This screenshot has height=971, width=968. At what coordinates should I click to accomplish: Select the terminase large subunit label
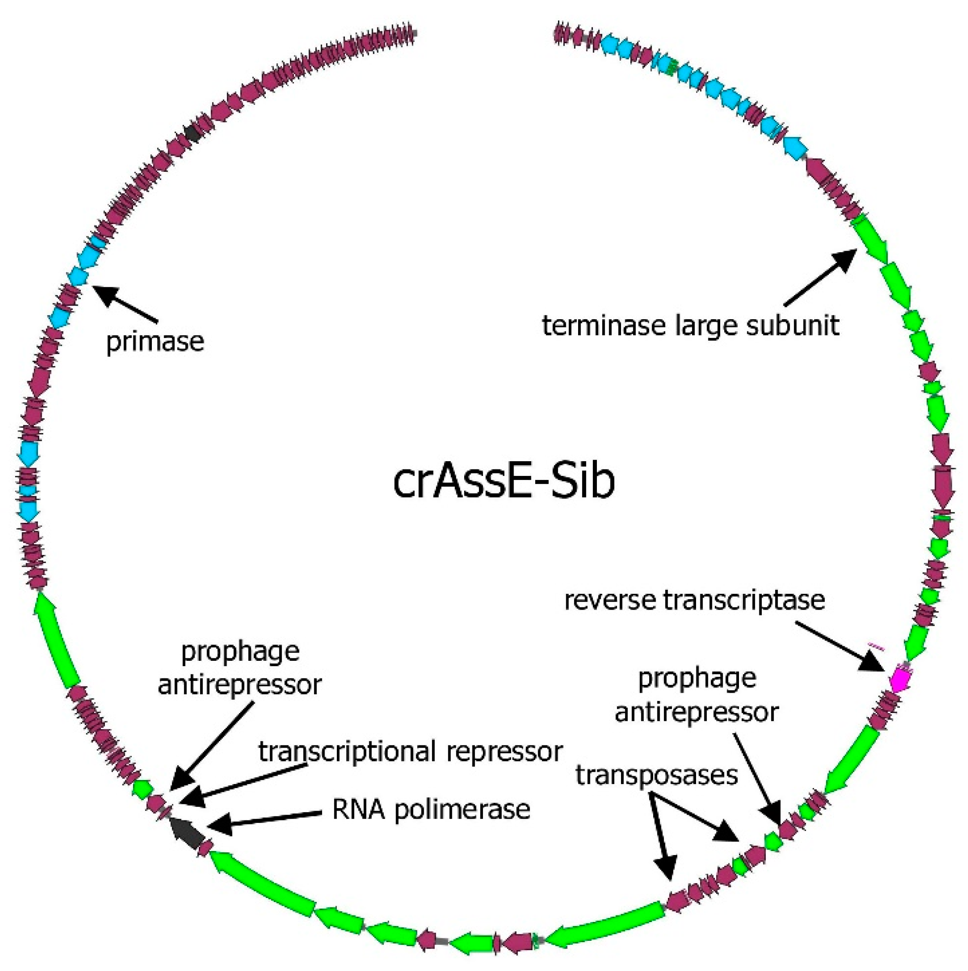690,326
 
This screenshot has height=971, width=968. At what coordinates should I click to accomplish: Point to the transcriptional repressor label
410,752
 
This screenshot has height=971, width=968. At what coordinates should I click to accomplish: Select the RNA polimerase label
431,810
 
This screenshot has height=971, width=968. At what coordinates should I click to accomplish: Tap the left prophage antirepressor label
240,669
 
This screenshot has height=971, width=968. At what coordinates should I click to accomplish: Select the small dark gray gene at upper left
192,133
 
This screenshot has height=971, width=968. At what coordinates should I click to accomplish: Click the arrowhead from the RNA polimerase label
220,825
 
